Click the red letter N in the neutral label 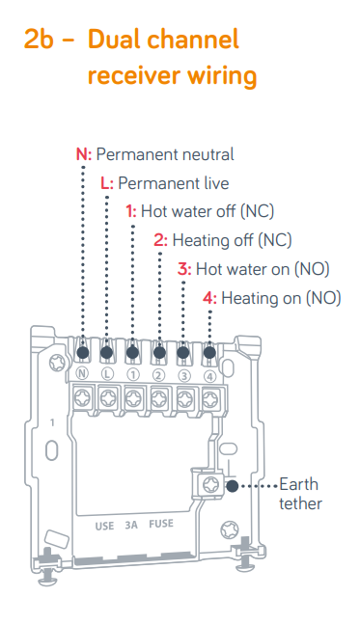[82, 154]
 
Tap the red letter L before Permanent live [104, 183]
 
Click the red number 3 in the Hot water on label [183, 269]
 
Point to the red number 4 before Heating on [208, 298]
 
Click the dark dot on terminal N [82, 352]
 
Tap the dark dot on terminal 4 [209, 352]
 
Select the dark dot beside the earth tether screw [233, 486]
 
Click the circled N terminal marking [82, 373]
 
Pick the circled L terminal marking [107, 373]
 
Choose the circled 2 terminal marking [158, 375]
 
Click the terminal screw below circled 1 [133, 397]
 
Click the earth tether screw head [209, 485]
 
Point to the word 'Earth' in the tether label [298, 484]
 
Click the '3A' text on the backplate [131, 526]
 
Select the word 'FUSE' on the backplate [161, 524]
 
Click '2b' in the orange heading [39, 40]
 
